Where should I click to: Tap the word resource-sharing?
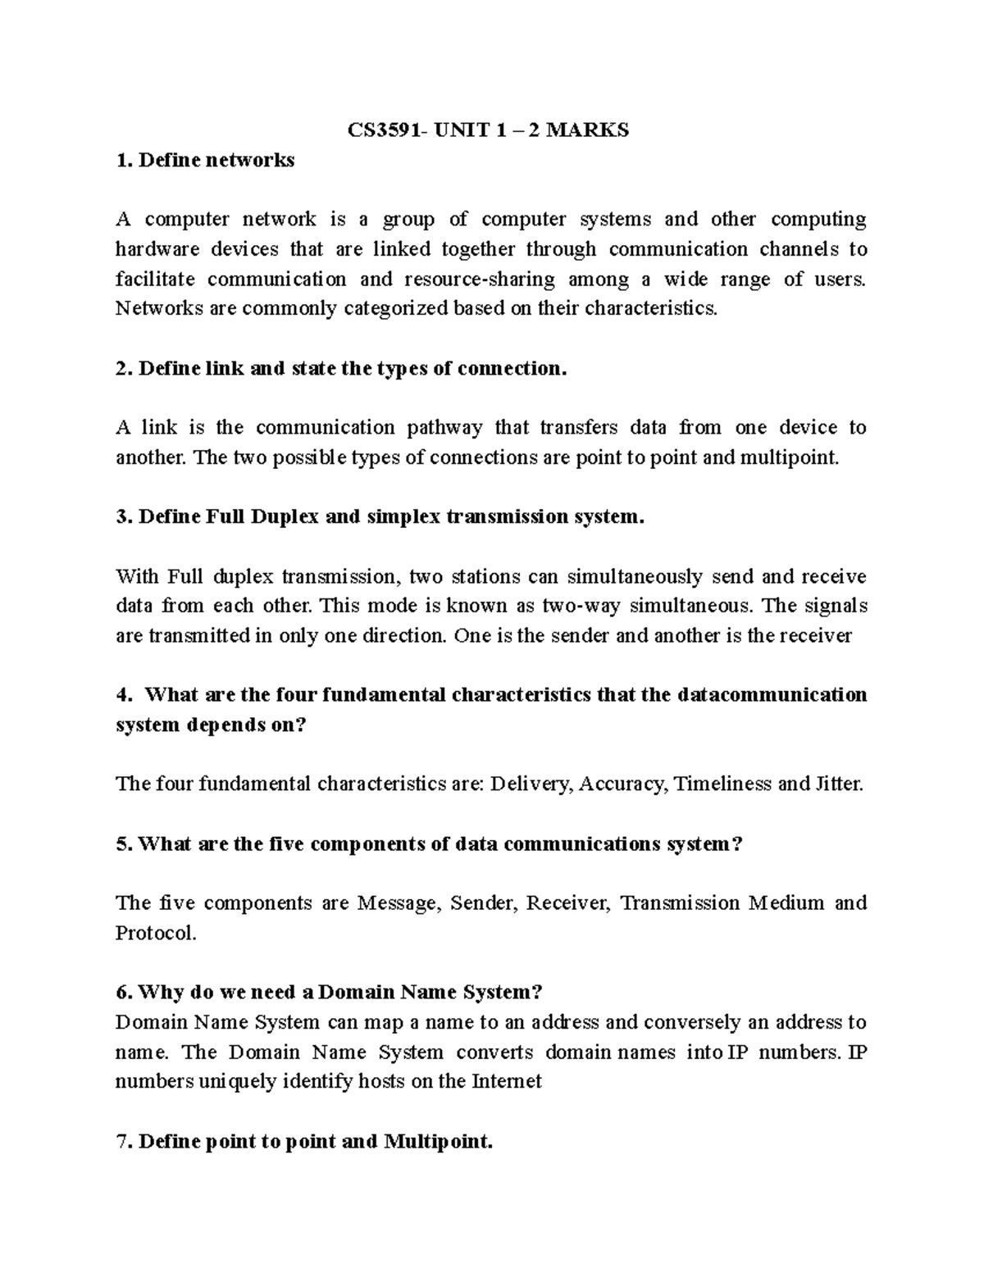click(480, 279)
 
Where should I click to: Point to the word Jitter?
click(839, 784)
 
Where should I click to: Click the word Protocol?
click(156, 934)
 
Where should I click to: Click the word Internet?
click(506, 1082)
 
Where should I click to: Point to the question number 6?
click(124, 993)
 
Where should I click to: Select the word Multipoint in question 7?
click(438, 1142)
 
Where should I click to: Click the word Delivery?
click(532, 784)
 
